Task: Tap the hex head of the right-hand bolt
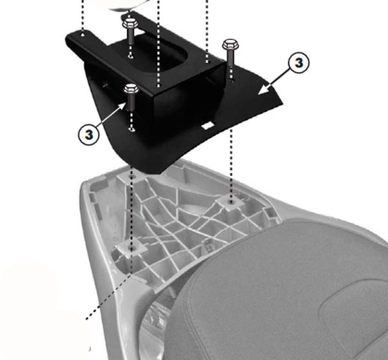pos(230,45)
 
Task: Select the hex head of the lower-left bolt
pos(131,88)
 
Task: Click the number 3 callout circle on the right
pos(299,63)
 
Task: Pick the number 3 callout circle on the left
pos(89,135)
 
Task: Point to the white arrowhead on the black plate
pos(263,90)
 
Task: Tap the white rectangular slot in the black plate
pos(208,125)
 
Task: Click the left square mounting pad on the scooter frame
pos(130,248)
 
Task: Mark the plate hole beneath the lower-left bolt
pos(131,129)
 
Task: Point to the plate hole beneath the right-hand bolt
pos(231,80)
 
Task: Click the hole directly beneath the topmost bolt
pos(130,57)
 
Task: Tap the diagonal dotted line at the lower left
pos(109,297)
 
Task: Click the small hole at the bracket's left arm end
pos(83,35)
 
